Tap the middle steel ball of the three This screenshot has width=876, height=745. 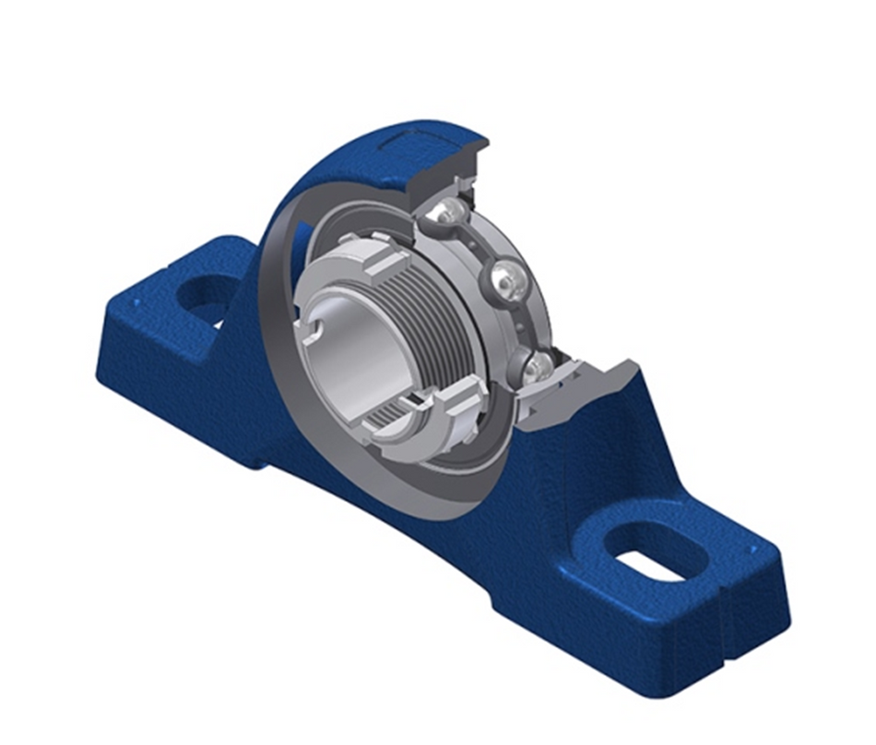point(504,278)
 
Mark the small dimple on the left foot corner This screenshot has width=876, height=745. point(136,302)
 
